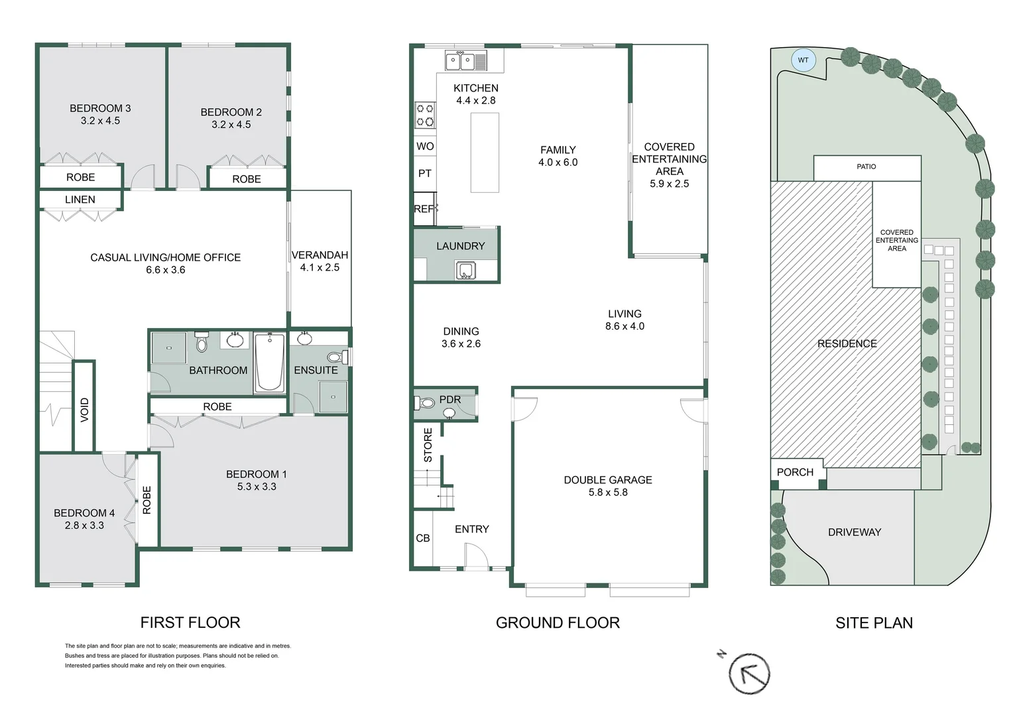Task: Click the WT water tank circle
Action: (x=803, y=60)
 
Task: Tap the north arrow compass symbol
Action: (x=749, y=674)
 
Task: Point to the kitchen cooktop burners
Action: (x=425, y=115)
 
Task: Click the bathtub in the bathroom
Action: (x=269, y=362)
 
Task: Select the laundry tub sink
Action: (x=465, y=270)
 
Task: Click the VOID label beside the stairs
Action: (x=84, y=410)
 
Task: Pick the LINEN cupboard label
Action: (x=80, y=200)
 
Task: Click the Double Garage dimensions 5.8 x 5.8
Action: (x=608, y=493)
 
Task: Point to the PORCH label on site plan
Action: (x=795, y=472)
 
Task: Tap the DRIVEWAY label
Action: (x=854, y=532)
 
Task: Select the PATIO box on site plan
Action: (x=866, y=167)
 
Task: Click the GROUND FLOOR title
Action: (x=558, y=623)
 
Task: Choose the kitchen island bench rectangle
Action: (x=485, y=152)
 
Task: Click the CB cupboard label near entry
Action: (x=423, y=538)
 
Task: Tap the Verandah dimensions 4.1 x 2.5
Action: (x=320, y=268)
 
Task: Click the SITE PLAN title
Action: (x=874, y=623)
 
